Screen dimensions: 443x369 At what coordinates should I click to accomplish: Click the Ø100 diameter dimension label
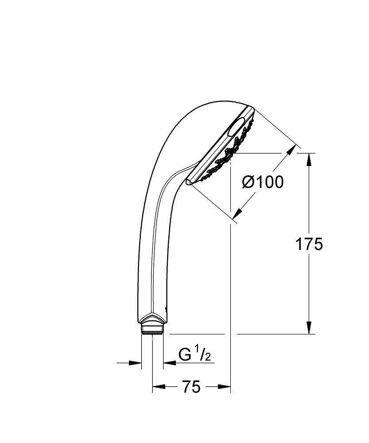(263, 182)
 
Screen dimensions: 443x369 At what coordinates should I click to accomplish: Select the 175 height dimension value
(309, 244)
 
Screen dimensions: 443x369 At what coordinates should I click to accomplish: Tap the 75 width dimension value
(191, 387)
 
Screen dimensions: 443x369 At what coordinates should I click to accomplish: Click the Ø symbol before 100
(248, 182)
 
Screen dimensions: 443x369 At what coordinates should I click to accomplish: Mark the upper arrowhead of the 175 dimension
(309, 159)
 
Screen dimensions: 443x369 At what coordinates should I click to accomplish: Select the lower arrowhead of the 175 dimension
(309, 328)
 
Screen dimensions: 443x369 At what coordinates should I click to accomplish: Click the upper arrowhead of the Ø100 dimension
(290, 152)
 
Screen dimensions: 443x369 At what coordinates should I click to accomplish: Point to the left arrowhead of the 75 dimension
(157, 387)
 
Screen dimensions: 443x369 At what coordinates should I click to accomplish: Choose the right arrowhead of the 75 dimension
(226, 387)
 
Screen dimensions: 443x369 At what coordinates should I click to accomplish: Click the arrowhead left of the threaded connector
(136, 363)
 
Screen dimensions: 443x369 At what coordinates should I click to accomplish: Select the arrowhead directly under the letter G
(169, 363)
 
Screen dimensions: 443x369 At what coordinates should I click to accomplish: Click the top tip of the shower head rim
(251, 107)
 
